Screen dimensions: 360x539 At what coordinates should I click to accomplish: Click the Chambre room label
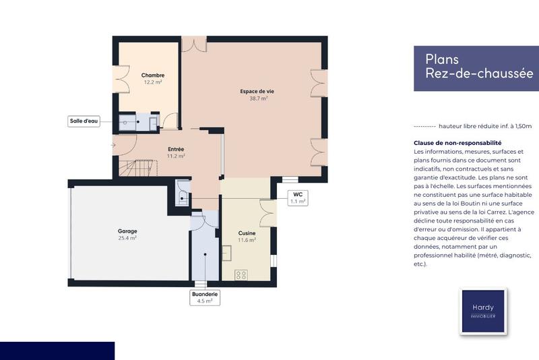(x=152, y=75)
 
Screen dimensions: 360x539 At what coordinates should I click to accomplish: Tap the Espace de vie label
(x=254, y=90)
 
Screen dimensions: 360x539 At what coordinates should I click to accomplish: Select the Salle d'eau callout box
(x=84, y=121)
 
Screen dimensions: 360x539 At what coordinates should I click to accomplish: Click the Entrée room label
(x=176, y=149)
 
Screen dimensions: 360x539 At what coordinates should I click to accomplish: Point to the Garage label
(x=127, y=231)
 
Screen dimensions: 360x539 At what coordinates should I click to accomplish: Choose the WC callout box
(x=297, y=198)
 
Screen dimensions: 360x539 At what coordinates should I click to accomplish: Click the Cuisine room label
(x=247, y=233)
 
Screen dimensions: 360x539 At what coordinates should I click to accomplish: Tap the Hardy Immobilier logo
(x=482, y=311)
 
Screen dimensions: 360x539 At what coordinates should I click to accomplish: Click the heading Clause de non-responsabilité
(x=457, y=143)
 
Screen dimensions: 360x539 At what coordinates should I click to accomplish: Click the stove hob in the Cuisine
(x=241, y=275)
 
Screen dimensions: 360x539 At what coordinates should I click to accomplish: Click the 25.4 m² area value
(x=127, y=238)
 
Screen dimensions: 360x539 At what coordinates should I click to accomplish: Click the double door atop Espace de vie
(x=195, y=45)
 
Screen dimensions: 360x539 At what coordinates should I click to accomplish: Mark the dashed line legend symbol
(x=424, y=126)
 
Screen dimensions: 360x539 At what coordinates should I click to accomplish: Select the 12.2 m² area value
(x=152, y=82)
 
